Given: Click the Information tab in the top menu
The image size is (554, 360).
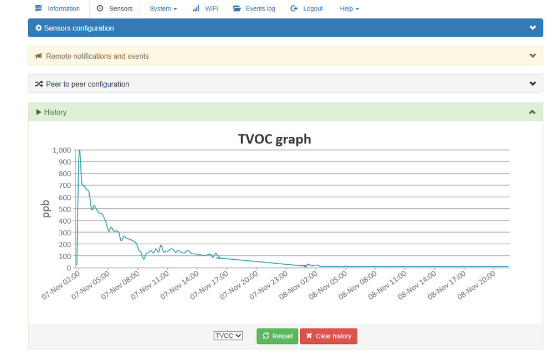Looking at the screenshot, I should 58,9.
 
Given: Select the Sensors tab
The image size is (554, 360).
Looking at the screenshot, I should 115,9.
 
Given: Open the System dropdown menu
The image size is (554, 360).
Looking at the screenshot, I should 163,9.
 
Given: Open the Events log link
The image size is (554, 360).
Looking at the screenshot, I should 254,9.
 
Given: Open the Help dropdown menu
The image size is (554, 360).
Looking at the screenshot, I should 349,9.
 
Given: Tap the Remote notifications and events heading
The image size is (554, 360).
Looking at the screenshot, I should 97,56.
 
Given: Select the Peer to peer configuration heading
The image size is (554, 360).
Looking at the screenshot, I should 88,84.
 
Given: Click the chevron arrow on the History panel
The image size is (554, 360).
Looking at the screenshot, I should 532,112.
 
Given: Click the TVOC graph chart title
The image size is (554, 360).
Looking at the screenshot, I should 275,139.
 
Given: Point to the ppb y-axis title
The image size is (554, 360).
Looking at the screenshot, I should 47,208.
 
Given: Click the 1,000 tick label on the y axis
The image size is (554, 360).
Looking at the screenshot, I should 61,150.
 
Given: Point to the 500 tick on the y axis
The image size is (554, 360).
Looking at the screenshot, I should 65,209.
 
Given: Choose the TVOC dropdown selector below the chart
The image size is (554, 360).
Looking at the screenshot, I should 228,336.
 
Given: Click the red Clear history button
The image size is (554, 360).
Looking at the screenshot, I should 329,336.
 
